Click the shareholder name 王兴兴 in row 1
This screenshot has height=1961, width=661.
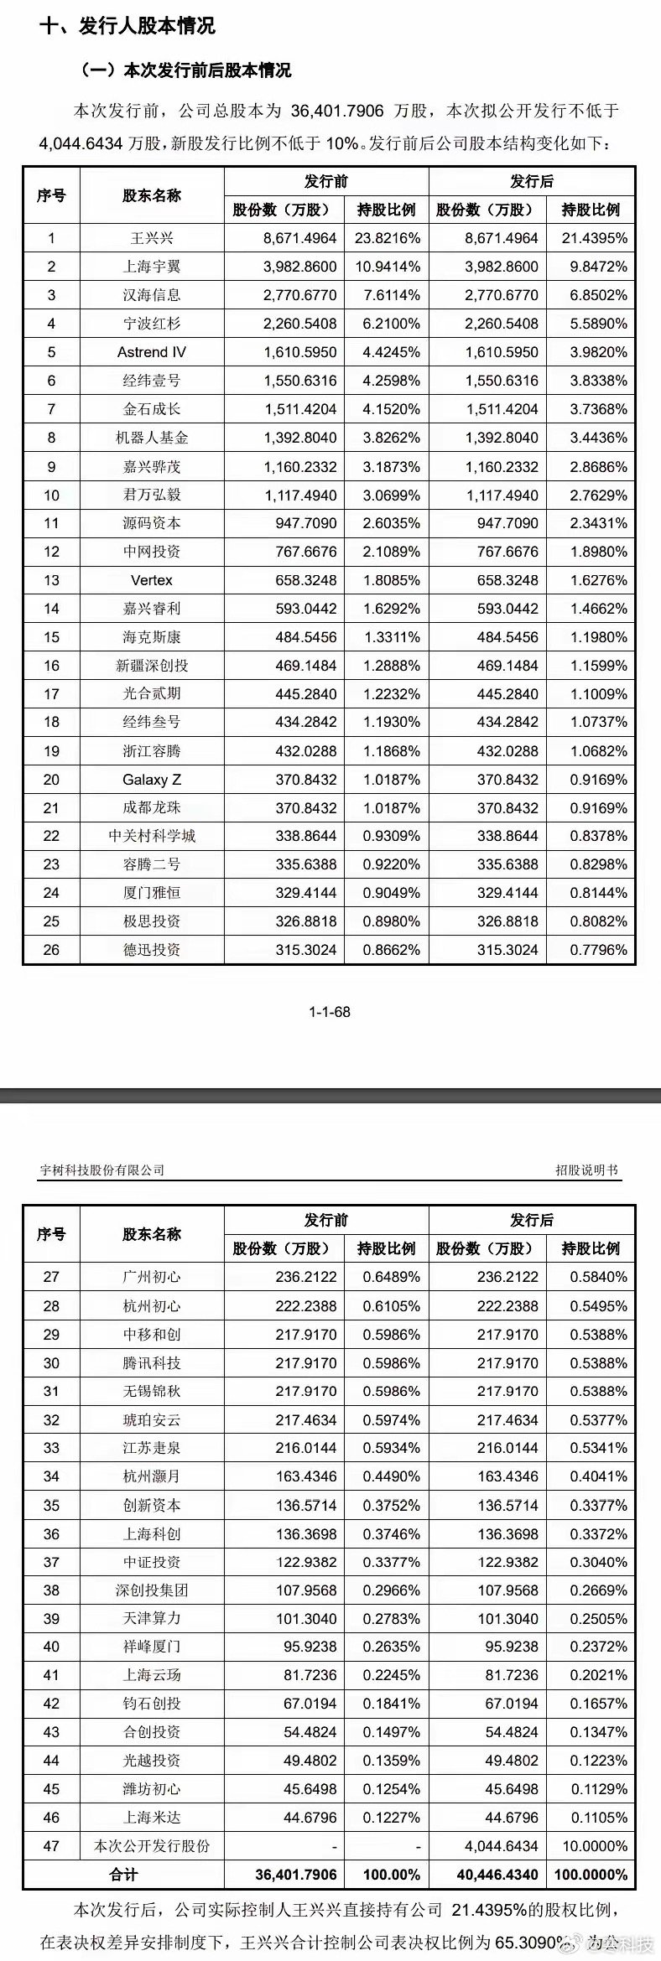[x=152, y=238]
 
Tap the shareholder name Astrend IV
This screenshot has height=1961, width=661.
[x=152, y=352]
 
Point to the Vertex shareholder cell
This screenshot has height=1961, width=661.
[x=152, y=580]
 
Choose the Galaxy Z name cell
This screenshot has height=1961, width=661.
[x=152, y=780]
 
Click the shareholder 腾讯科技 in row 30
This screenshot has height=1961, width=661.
[x=152, y=1362]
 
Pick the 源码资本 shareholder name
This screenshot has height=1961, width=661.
[x=152, y=523]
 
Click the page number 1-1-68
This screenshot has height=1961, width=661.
[x=330, y=1012]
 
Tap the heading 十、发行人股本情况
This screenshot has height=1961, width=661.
[x=127, y=26]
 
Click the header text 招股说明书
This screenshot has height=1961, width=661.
[x=586, y=1170]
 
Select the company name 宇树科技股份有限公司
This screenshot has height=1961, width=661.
[x=102, y=1170]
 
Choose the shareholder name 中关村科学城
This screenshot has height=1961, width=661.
[x=152, y=836]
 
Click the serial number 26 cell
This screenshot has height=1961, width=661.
[x=51, y=950]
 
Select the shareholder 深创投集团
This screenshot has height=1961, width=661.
[x=152, y=1590]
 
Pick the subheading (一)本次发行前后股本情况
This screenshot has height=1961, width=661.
[x=185, y=70]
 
